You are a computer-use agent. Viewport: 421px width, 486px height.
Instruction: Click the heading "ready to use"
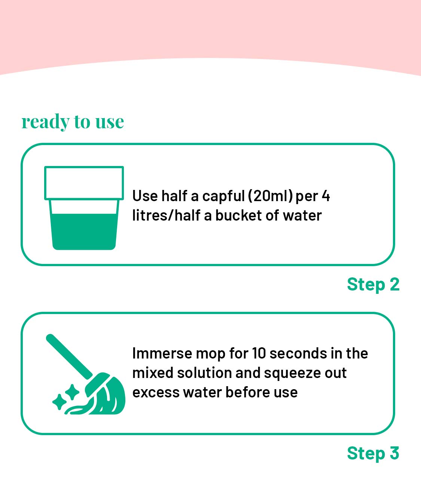coord(73,122)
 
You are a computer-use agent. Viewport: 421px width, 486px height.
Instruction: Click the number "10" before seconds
coord(259,353)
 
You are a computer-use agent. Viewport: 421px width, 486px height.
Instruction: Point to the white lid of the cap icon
coord(84,183)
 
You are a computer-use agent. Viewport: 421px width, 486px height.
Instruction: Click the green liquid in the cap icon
coord(84,231)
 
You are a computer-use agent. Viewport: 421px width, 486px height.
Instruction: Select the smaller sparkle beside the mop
coord(59,402)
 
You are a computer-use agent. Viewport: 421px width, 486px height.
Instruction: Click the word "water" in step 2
coord(302,215)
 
